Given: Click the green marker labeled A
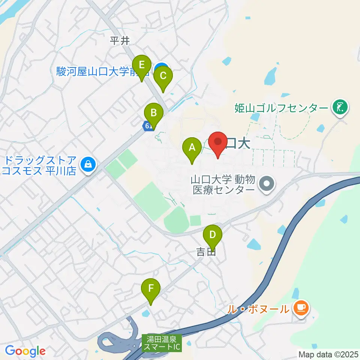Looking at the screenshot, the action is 192,148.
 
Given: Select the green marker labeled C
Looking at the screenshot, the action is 163,76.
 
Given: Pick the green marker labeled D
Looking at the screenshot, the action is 212,235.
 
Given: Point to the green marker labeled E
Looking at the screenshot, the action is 142,65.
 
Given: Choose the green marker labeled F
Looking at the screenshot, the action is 151,289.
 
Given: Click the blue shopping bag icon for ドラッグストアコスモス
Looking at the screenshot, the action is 88,165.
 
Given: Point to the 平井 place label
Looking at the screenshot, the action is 120,41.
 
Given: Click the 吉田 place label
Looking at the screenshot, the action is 206,253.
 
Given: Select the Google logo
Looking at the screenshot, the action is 25,351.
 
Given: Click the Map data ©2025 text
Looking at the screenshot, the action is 328,354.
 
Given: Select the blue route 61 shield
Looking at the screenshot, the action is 147,126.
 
